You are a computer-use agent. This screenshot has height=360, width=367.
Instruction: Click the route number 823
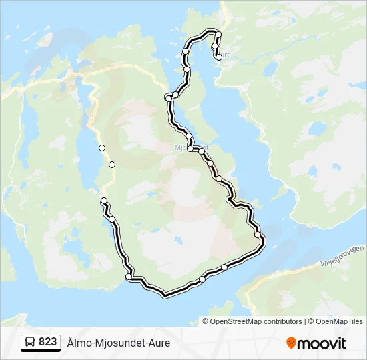pyautogui.click(x=47, y=341)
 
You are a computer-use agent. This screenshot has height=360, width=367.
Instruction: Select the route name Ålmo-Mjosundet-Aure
pyautogui.click(x=119, y=343)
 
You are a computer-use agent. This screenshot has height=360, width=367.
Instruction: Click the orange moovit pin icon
pyautogui.click(x=291, y=343)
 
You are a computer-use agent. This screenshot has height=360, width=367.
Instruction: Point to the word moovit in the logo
pyautogui.click(x=322, y=343)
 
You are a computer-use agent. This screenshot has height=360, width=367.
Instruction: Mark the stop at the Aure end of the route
pyautogui.click(x=218, y=57)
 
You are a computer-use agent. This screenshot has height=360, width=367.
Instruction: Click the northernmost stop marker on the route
pyautogui.click(x=218, y=34)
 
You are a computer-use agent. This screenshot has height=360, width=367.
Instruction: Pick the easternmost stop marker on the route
pyautogui.click(x=258, y=235)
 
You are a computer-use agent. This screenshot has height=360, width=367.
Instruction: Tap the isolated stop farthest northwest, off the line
pyautogui.click(x=101, y=147)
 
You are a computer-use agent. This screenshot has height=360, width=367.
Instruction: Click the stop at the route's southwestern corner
pyautogui.click(x=129, y=277)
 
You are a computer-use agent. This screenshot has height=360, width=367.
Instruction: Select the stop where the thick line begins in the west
pyautogui.click(x=103, y=201)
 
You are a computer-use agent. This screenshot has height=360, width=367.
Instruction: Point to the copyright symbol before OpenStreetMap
pyautogui.click(x=206, y=321)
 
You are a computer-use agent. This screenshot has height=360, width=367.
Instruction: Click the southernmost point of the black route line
pyautogui.click(x=164, y=293)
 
